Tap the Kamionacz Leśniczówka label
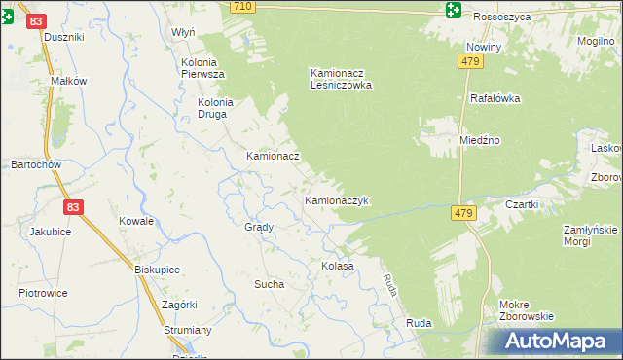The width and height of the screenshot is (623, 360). pyautogui.click(x=341, y=78)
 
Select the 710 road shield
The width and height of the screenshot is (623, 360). pyautogui.click(x=243, y=6)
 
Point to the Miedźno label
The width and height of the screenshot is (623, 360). pyautogui.click(x=479, y=140)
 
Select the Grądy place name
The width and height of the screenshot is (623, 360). pyautogui.click(x=259, y=227)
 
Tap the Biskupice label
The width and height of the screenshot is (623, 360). pyautogui.click(x=156, y=270)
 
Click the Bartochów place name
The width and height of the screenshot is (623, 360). pyautogui.click(x=36, y=164)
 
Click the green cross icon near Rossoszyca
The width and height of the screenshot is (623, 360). pyautogui.click(x=454, y=11)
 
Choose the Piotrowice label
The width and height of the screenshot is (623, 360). pyautogui.click(x=43, y=292)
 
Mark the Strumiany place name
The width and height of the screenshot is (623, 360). pyautogui.click(x=188, y=331)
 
